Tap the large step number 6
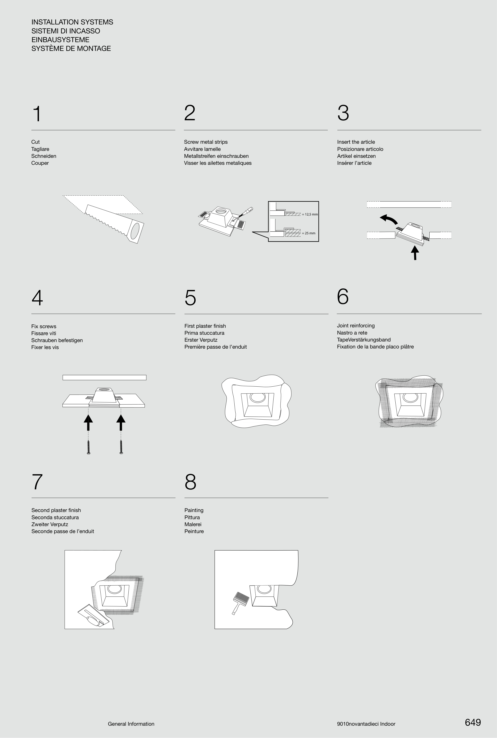[343, 296]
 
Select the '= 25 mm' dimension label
[308, 233]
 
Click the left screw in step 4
[88, 447]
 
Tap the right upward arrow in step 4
[121, 422]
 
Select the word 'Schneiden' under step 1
[44, 156]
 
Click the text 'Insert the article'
[356, 142]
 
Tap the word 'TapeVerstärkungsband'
[364, 340]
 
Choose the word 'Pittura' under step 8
[192, 517]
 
